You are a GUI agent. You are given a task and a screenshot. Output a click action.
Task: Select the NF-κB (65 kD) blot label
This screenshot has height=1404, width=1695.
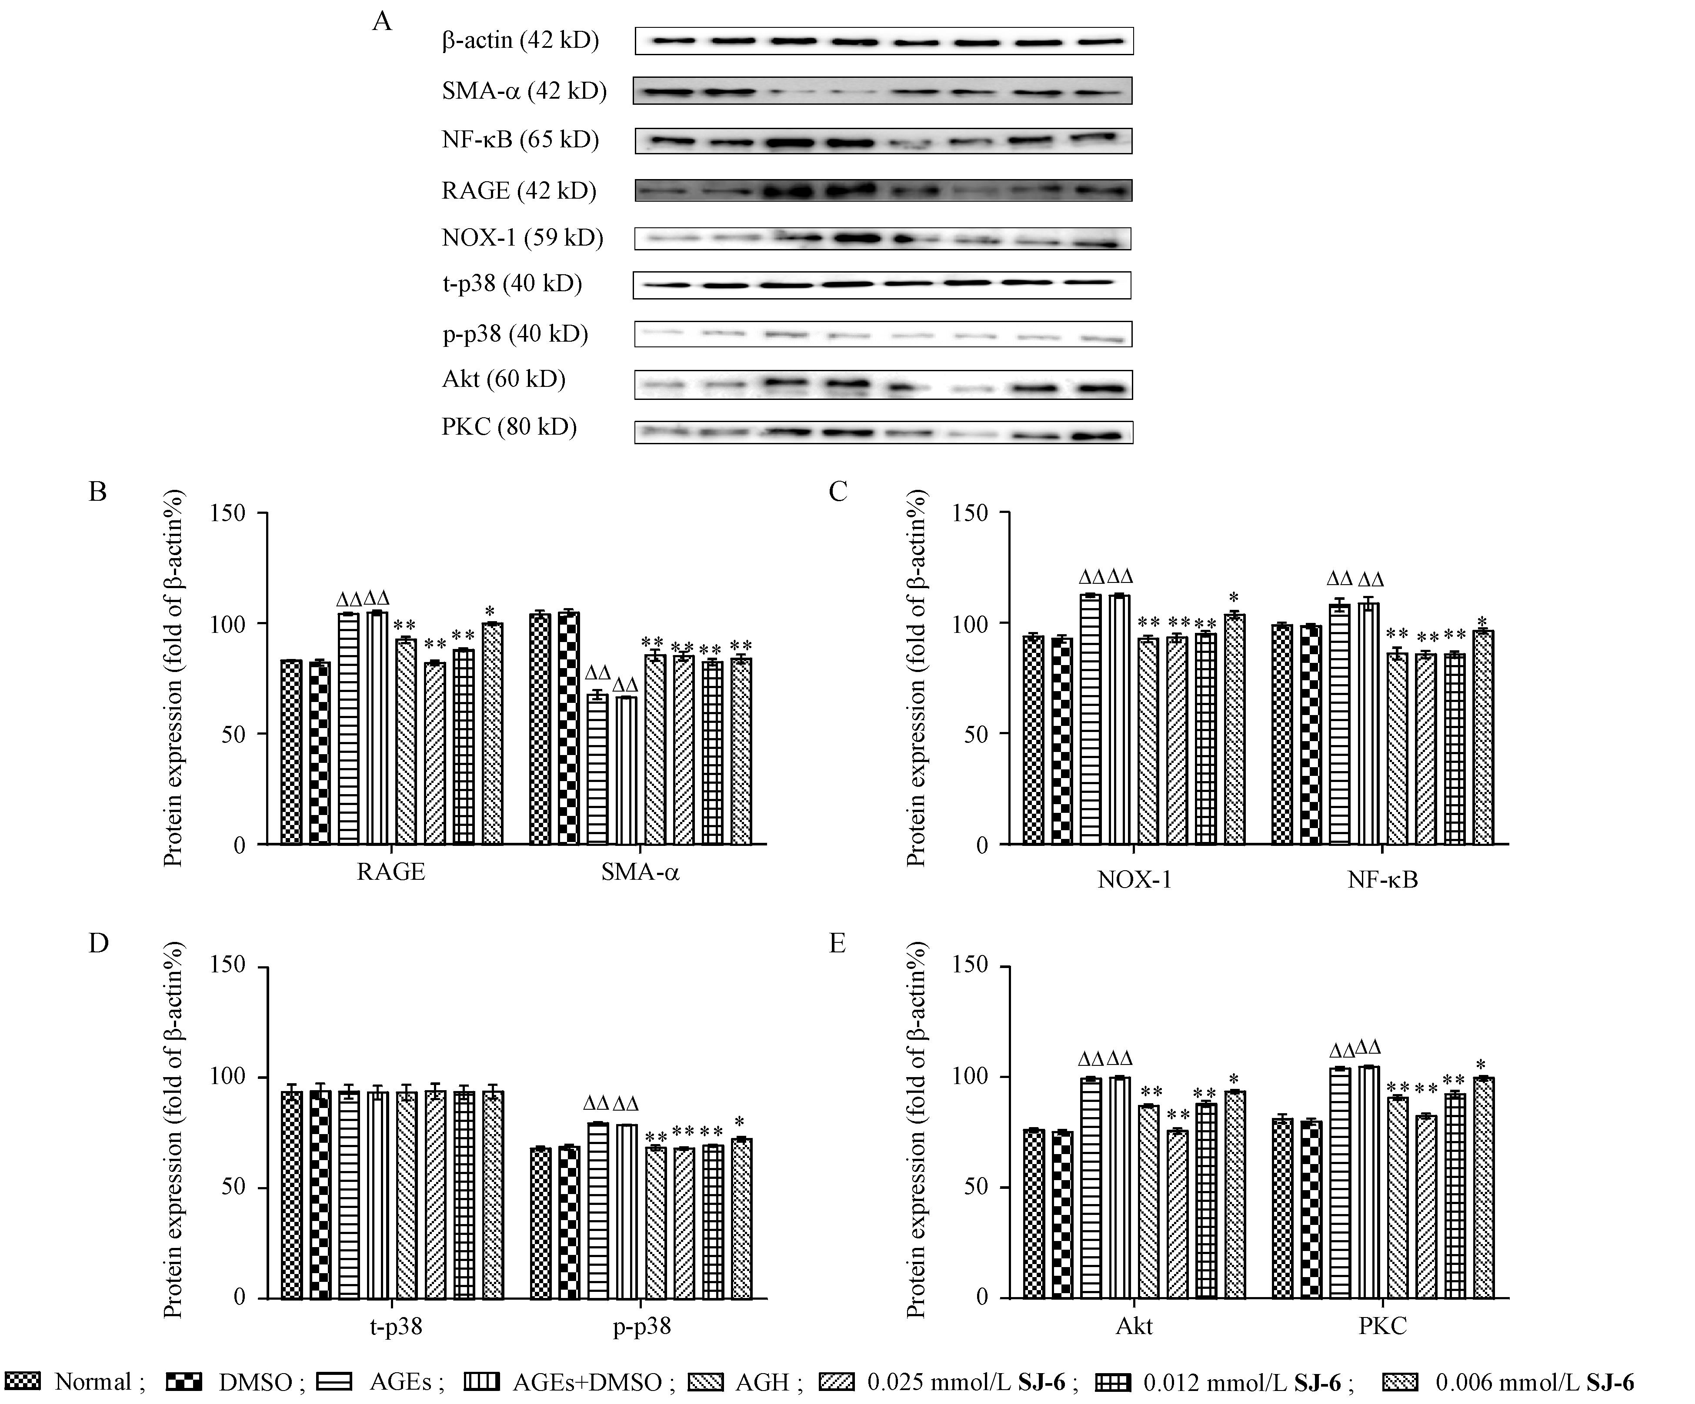pyautogui.click(x=521, y=140)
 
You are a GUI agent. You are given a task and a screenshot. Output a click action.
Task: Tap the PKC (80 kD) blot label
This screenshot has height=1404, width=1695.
pyautogui.click(x=509, y=427)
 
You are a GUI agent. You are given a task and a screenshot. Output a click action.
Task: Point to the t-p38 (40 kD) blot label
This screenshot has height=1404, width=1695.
pyautogui.click(x=512, y=284)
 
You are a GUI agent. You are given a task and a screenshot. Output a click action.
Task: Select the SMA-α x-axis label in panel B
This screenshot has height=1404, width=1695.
pyautogui.click(x=640, y=872)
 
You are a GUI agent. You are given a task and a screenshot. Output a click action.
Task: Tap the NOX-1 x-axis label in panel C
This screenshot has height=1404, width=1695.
pyautogui.click(x=1134, y=879)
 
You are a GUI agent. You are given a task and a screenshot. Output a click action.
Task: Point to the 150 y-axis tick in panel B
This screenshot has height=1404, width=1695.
pyautogui.click(x=227, y=513)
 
